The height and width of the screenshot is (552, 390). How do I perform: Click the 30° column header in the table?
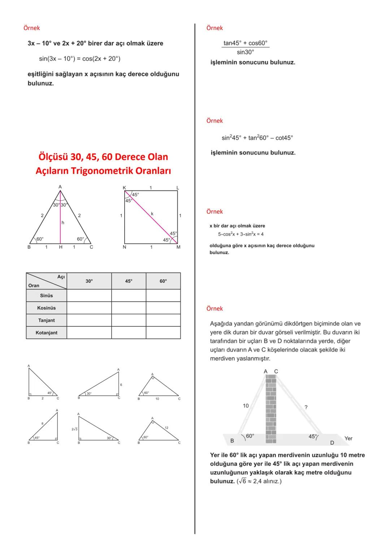(89, 281)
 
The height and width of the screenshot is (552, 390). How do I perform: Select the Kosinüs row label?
(46, 308)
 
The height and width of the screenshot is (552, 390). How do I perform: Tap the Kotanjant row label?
(46, 333)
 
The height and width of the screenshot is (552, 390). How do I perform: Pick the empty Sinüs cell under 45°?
(129, 296)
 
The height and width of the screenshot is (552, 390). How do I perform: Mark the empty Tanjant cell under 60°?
(163, 320)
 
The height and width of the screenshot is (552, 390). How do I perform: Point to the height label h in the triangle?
(63, 223)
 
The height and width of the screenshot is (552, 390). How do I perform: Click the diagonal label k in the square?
(152, 214)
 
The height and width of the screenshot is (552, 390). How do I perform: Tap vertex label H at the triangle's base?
(61, 247)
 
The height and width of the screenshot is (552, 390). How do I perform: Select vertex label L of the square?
(178, 188)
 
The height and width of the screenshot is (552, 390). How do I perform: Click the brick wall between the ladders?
(271, 408)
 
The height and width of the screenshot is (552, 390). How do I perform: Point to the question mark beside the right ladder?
(306, 407)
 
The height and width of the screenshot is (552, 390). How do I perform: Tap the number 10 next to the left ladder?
(246, 406)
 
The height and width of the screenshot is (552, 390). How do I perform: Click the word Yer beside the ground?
(348, 438)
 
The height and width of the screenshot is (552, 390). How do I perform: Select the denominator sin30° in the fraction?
(245, 52)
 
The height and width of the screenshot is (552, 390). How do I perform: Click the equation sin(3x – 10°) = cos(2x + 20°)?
(79, 59)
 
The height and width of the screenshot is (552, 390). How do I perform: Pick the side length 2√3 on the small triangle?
(75, 429)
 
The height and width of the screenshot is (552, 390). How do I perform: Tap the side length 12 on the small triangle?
(166, 428)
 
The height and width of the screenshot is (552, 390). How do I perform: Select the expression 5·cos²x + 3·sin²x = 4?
(241, 234)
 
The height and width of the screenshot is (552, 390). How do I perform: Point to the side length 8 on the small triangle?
(42, 424)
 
